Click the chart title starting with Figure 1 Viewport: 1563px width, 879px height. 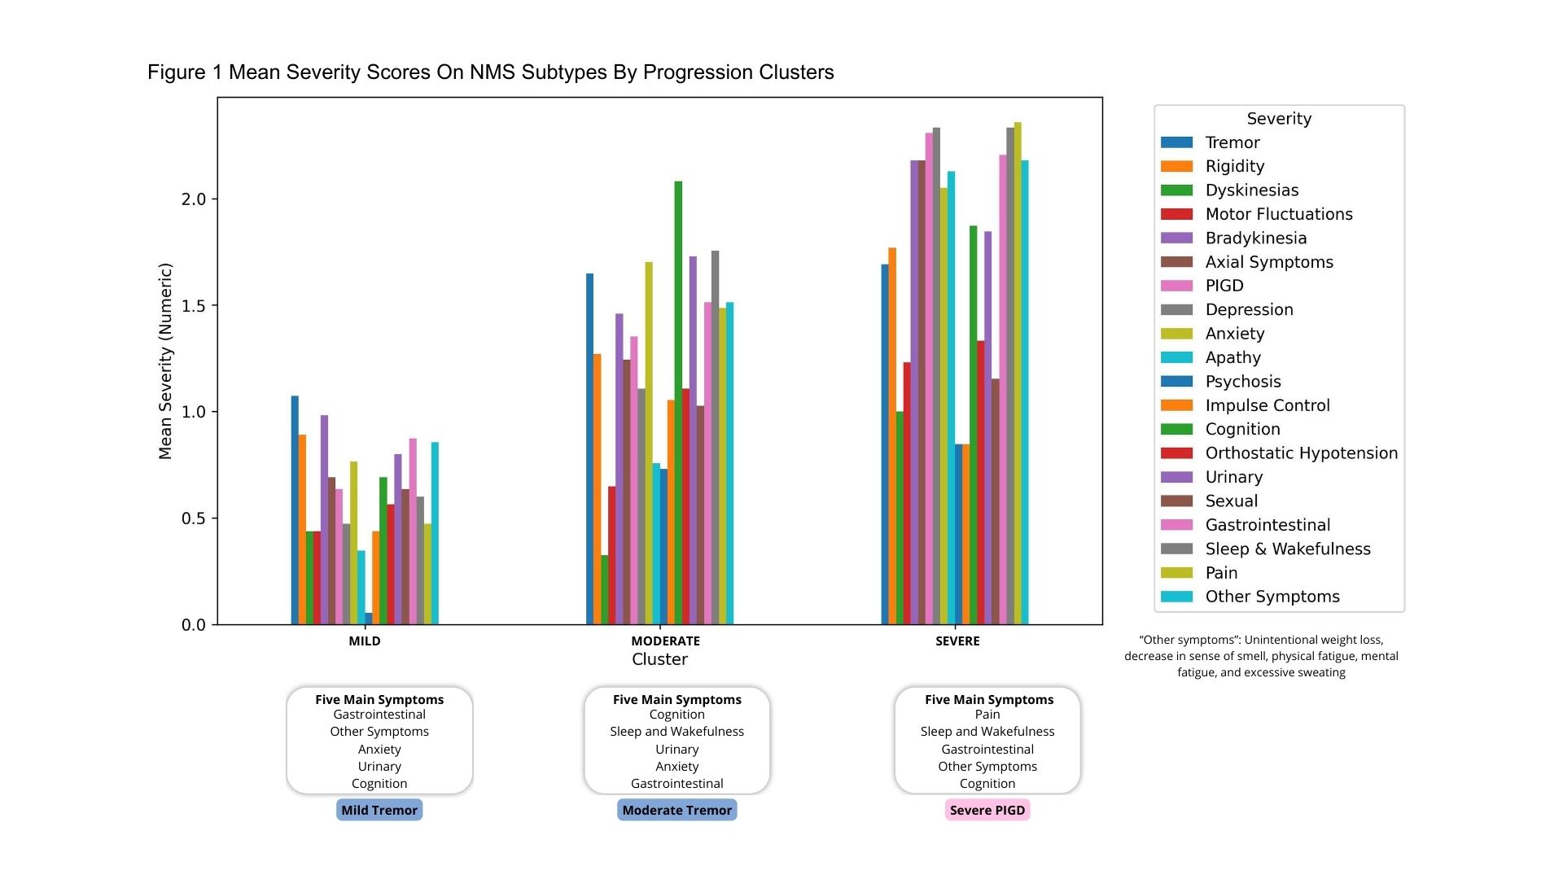(490, 72)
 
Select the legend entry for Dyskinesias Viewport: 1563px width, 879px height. (1251, 190)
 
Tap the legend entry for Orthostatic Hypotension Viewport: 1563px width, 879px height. (1301, 453)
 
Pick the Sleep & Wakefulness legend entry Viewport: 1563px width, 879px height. (1287, 549)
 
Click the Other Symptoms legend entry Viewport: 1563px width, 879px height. (1272, 597)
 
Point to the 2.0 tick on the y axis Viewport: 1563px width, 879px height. (194, 199)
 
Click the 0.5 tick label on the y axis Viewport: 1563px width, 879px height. (194, 518)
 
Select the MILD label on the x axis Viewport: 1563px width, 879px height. (365, 641)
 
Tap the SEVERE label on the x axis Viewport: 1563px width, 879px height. (957, 641)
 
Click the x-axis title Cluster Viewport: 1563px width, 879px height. (659, 659)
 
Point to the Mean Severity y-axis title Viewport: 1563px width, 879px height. (165, 361)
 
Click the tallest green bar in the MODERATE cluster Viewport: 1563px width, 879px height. (678, 403)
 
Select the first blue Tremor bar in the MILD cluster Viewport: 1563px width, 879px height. (295, 510)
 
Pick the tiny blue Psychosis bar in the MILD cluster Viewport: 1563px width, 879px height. (369, 619)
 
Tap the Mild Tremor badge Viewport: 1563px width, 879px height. (379, 810)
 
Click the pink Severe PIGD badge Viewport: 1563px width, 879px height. (987, 810)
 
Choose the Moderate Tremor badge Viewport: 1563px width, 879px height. (677, 810)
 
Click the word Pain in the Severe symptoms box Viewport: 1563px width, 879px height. (987, 715)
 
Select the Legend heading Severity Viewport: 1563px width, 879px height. (1279, 119)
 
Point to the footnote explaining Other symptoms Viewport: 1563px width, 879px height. (1261, 656)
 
